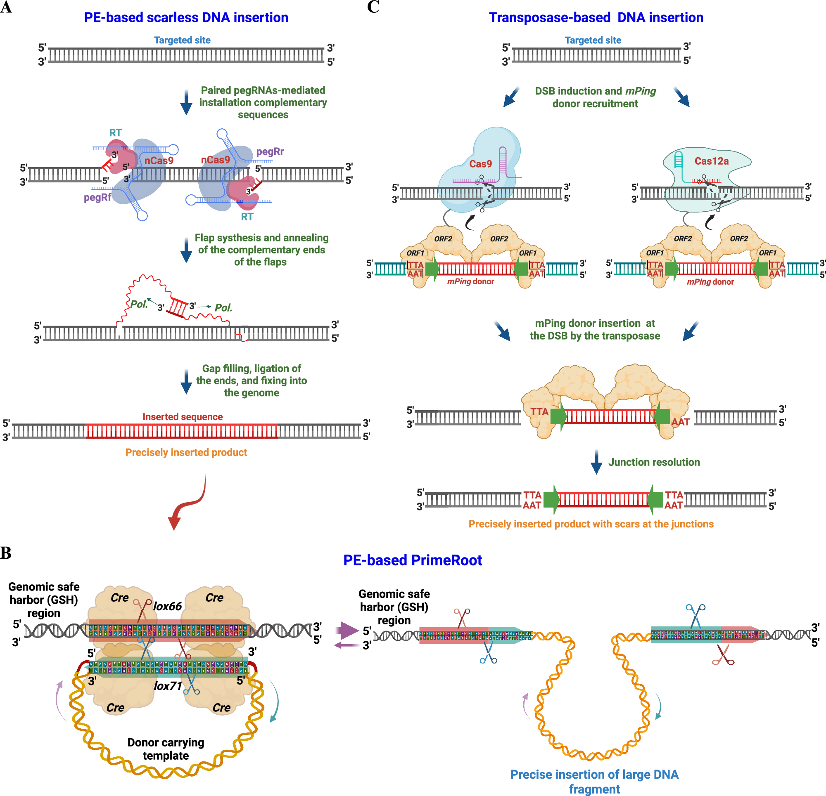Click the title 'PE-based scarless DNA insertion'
[x=186, y=18]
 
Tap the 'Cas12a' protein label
[x=711, y=161]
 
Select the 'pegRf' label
[x=97, y=197]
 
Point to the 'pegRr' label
[x=270, y=151]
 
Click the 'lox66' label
[x=167, y=606]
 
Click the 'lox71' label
[x=168, y=686]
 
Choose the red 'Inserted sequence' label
[x=183, y=416]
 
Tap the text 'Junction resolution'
[x=654, y=462]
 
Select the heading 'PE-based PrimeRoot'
[x=412, y=560]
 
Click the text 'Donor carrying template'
[x=166, y=749]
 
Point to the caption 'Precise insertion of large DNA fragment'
[x=594, y=781]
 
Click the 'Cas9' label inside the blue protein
[x=480, y=164]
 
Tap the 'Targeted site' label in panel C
[x=593, y=40]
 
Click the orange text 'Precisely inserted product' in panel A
[x=186, y=452]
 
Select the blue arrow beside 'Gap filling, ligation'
[x=186, y=381]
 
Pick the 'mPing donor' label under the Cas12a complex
[x=710, y=282]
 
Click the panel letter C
[x=373, y=7]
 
